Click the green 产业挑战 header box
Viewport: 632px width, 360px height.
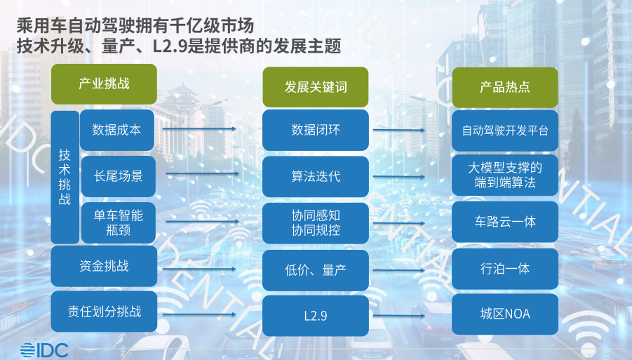tap(104, 84)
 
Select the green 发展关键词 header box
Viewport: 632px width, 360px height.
tap(316, 87)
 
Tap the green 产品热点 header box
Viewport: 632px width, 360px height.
tap(505, 87)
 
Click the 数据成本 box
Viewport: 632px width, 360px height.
tap(117, 130)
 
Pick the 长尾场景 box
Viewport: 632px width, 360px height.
tap(118, 176)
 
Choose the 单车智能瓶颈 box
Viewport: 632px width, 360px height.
tap(118, 222)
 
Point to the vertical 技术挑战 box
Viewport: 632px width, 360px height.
tap(65, 178)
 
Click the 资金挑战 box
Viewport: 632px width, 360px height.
tap(104, 266)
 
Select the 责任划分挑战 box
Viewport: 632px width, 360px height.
tap(104, 312)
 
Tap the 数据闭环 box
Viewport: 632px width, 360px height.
tap(316, 131)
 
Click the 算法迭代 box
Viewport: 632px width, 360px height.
tap(316, 177)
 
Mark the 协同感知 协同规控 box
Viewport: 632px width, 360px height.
tap(316, 223)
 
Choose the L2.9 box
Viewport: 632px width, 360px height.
tap(316, 316)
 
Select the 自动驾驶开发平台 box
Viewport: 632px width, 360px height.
tap(505, 131)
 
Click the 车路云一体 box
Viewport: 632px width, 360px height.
tap(505, 222)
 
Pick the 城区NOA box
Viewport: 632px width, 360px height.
tap(505, 314)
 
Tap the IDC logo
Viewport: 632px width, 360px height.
tap(44, 350)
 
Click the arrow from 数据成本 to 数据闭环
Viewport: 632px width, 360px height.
tap(199, 129)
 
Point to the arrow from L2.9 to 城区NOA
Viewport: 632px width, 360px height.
tap(399, 316)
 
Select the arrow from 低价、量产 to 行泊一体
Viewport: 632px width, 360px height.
tap(399, 270)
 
